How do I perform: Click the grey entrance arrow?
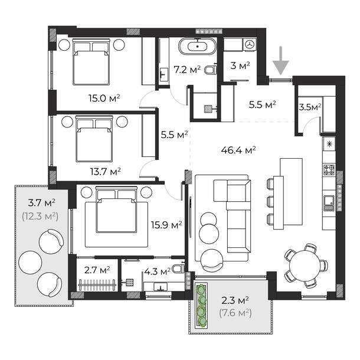pyautogui.click(x=280, y=61)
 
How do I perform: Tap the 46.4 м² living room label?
pyautogui.click(x=238, y=150)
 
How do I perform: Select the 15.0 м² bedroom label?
pyautogui.click(x=104, y=99)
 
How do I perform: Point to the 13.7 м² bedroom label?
pyautogui.click(x=106, y=171)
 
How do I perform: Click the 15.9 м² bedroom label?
pyautogui.click(x=166, y=225)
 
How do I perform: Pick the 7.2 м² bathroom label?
pyautogui.click(x=187, y=69)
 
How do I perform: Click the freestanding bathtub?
pyautogui.click(x=198, y=46)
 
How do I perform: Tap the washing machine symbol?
pyautogui.click(x=250, y=44)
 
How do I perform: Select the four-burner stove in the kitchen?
pyautogui.click(x=329, y=170)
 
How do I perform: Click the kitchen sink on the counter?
pyautogui.click(x=329, y=203)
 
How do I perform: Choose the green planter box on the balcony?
pyautogui.click(x=201, y=305)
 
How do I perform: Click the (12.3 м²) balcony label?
pyautogui.click(x=40, y=217)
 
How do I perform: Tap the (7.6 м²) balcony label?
pyautogui.click(x=235, y=313)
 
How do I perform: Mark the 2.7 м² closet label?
pyautogui.click(x=97, y=270)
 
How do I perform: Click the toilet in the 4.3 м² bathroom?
pyautogui.click(x=178, y=269)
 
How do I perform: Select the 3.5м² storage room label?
pyautogui.click(x=310, y=107)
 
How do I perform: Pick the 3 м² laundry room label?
pyautogui.click(x=240, y=66)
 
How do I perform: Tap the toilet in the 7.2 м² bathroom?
pyautogui.click(x=211, y=70)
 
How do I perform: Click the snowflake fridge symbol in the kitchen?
pyautogui.click(x=329, y=144)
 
